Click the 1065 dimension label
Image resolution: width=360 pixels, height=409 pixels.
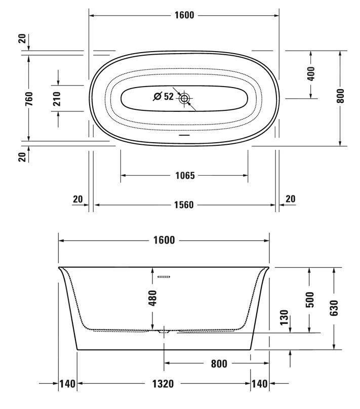tap(185, 176)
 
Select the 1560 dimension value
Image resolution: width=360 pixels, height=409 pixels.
tap(184, 205)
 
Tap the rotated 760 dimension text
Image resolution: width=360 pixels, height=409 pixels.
tap(29, 99)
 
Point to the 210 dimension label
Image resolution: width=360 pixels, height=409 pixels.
tap(57, 99)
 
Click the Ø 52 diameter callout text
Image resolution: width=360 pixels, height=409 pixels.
tap(164, 97)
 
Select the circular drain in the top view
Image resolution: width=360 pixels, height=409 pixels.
tap(184, 99)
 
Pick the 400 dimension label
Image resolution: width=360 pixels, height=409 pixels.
tap(311, 74)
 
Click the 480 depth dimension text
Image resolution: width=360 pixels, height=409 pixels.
tap(152, 298)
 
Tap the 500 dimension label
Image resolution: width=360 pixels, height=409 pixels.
tap(310, 300)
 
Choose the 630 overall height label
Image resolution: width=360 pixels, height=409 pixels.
tap(334, 308)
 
